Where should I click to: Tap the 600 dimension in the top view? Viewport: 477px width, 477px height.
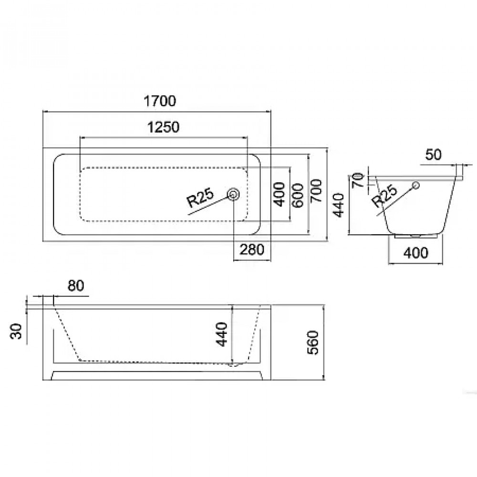point(297,194)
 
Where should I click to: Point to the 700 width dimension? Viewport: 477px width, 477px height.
point(316,192)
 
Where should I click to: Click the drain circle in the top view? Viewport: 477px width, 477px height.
point(234,194)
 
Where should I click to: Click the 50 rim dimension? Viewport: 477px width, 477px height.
point(434,155)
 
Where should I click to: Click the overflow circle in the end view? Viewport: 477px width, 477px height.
point(416,185)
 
